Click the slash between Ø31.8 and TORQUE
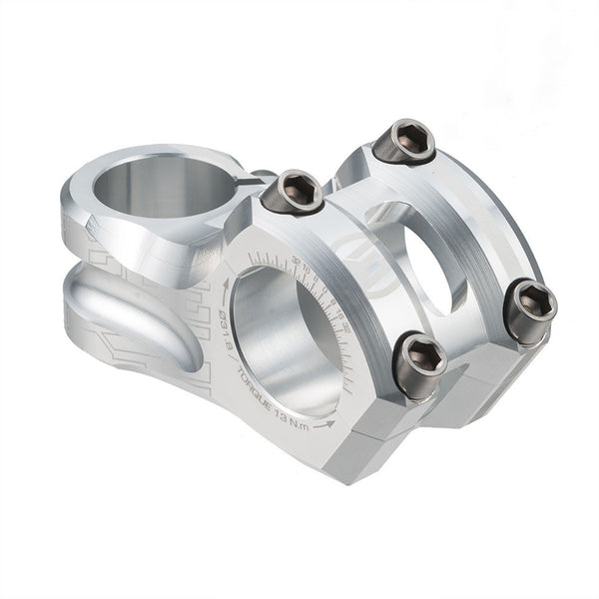click(x=232, y=357)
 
